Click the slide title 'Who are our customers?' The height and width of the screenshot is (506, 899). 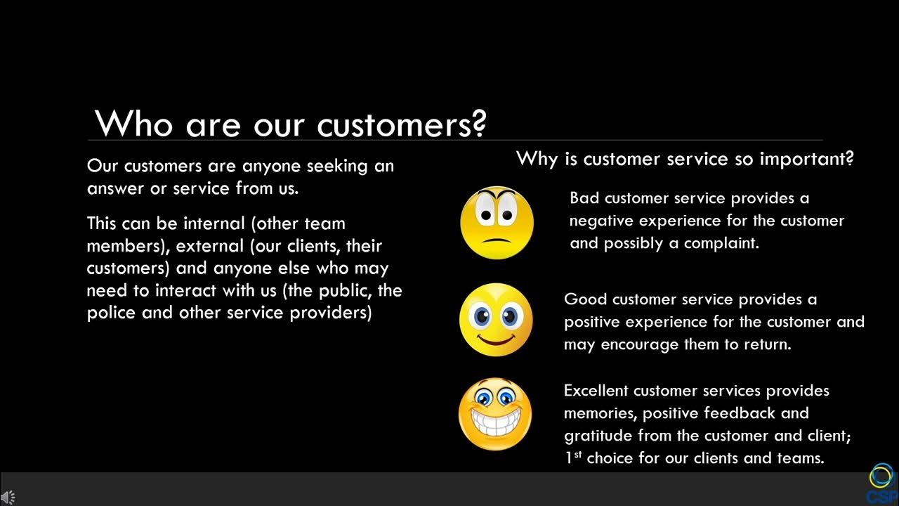pyautogui.click(x=290, y=124)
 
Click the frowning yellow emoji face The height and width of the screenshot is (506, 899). pyautogui.click(x=497, y=223)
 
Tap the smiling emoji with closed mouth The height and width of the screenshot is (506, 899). pyautogui.click(x=496, y=320)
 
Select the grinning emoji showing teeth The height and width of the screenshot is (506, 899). pyautogui.click(x=495, y=414)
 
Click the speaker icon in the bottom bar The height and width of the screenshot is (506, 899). pyautogui.click(x=8, y=497)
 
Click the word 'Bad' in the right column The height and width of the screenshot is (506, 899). pyautogui.click(x=584, y=198)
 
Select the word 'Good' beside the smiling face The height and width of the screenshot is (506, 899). pyautogui.click(x=585, y=299)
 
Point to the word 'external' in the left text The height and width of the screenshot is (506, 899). pyautogui.click(x=206, y=246)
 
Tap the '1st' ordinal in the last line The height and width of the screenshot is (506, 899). pyautogui.click(x=572, y=458)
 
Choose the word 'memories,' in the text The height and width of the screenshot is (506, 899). pyautogui.click(x=601, y=413)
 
